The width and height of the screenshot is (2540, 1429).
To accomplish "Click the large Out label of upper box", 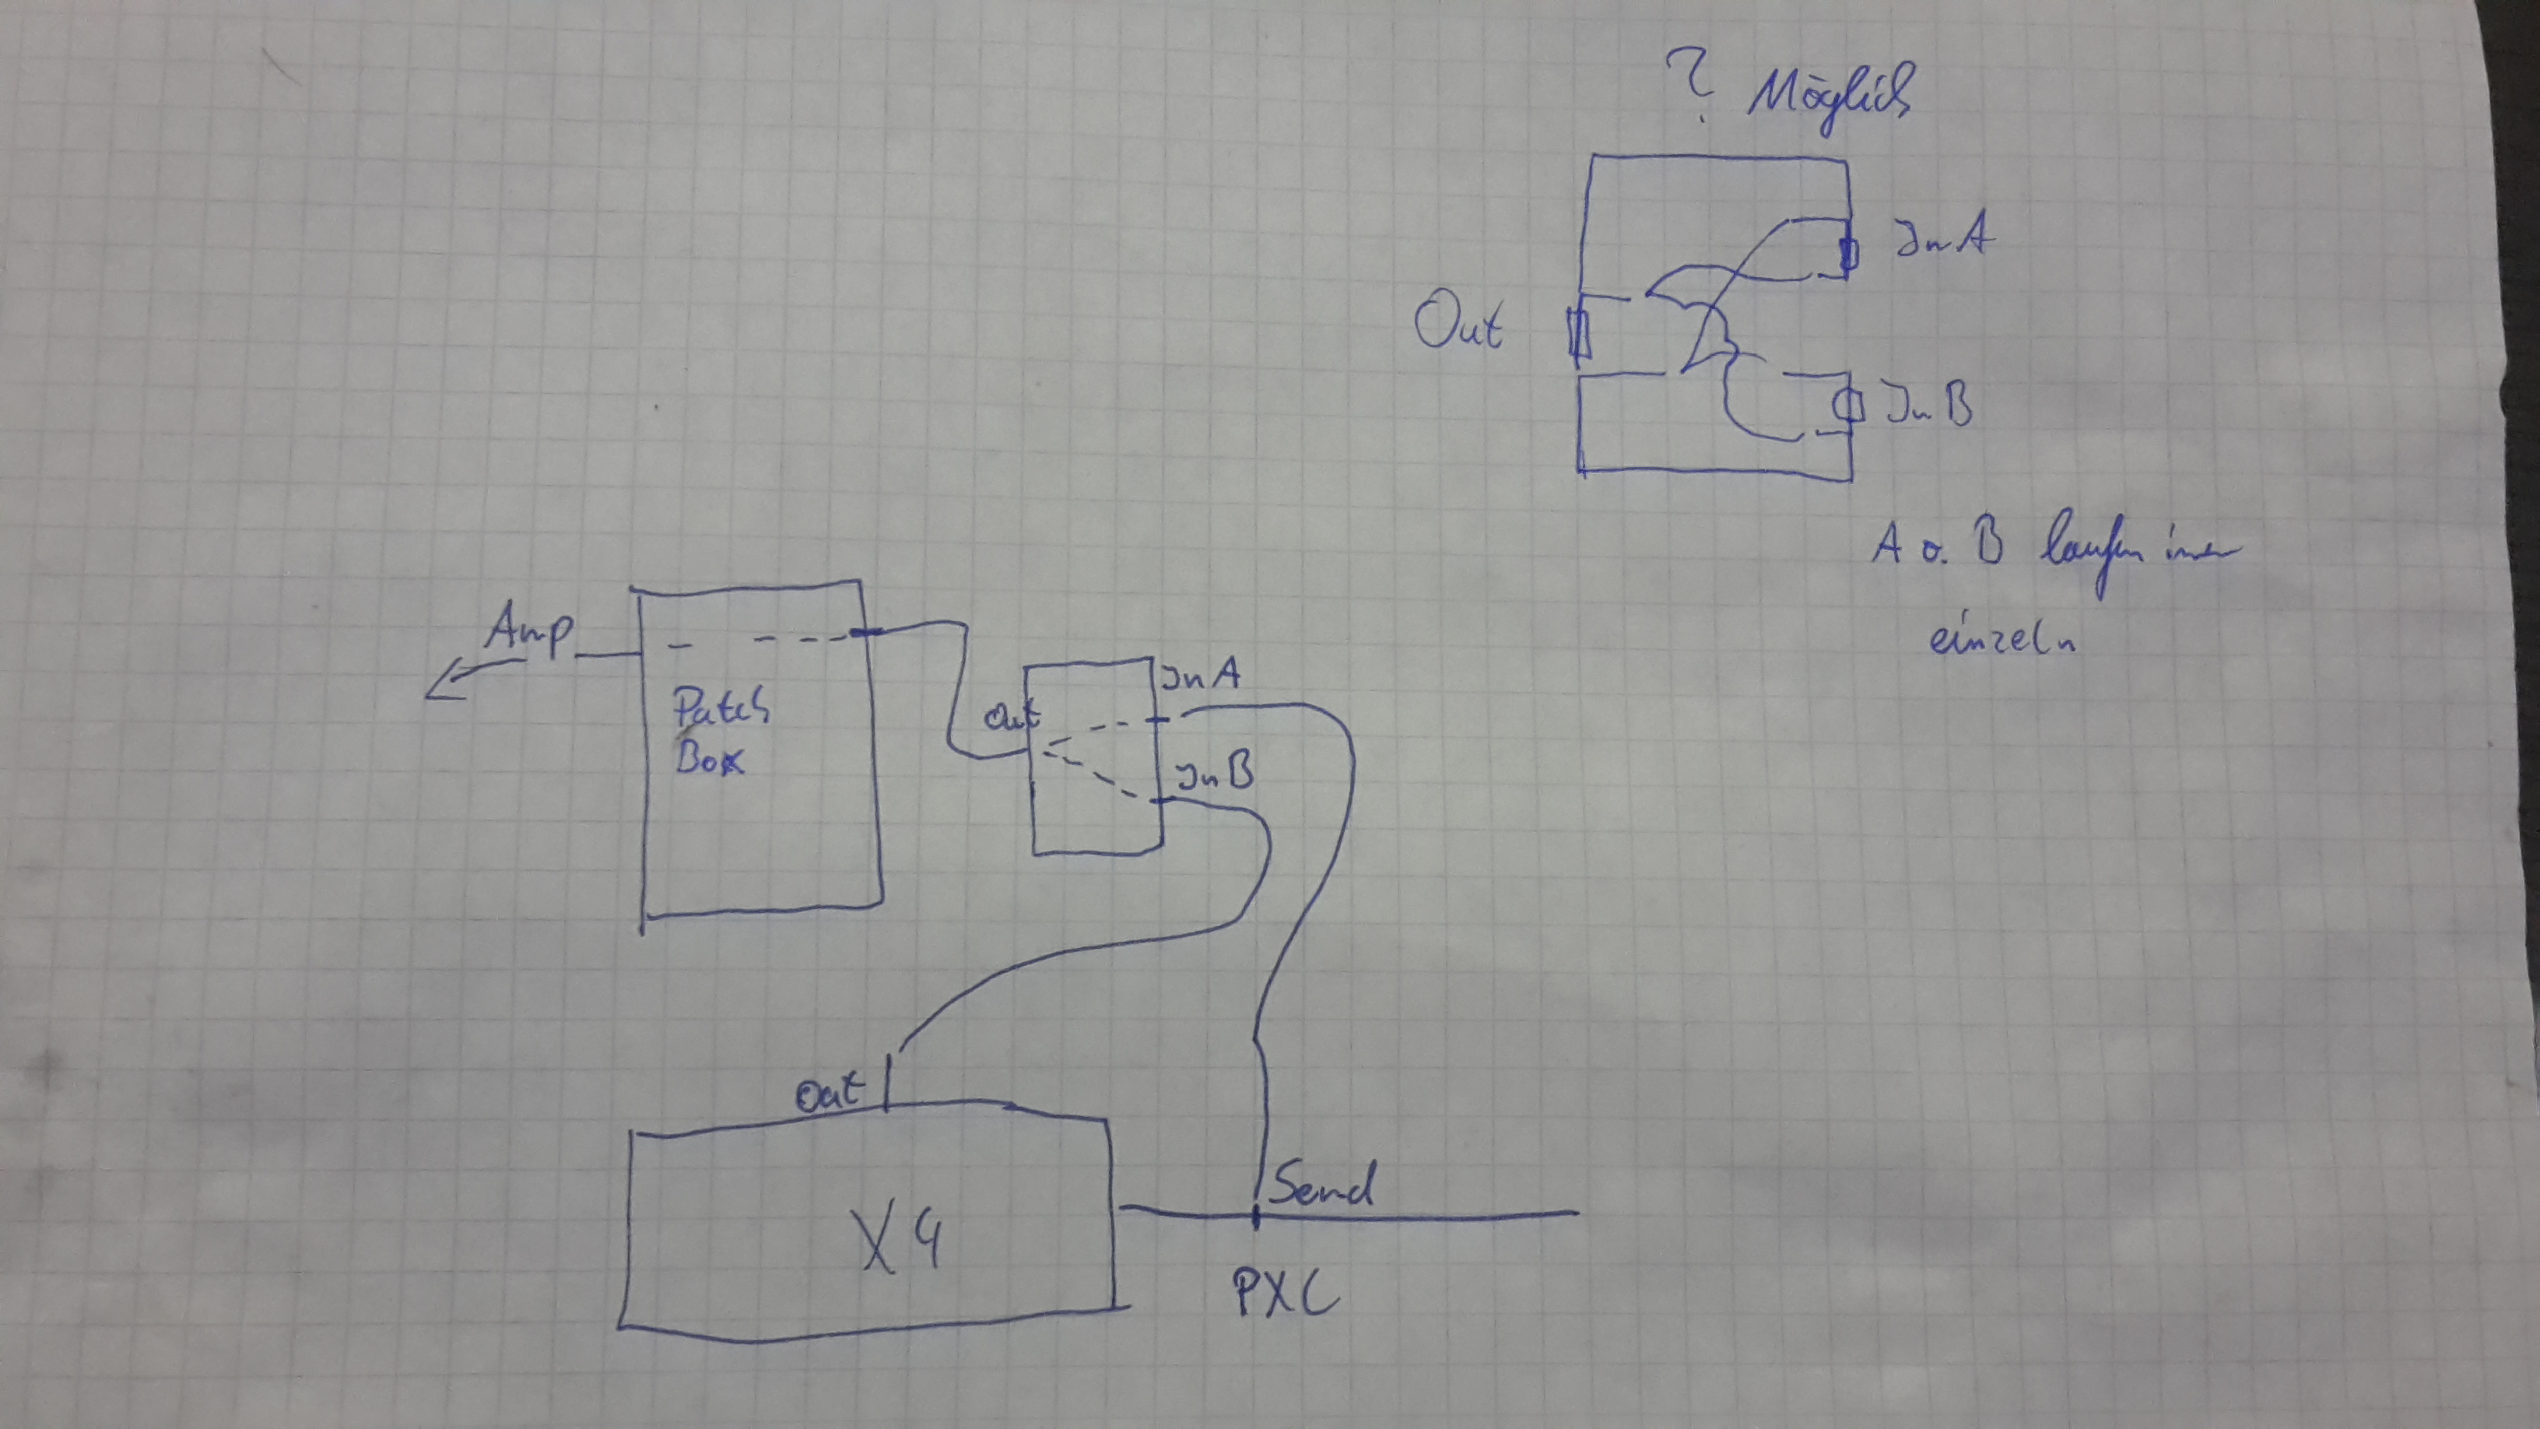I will [1458, 325].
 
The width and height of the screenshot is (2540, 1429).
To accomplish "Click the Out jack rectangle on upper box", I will [1579, 332].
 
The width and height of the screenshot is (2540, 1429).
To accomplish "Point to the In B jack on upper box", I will [1848, 406].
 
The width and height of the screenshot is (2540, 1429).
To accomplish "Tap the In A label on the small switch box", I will [1200, 676].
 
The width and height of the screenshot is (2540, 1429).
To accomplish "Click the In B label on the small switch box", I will [1214, 774].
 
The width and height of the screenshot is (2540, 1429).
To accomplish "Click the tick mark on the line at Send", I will [1256, 1216].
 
